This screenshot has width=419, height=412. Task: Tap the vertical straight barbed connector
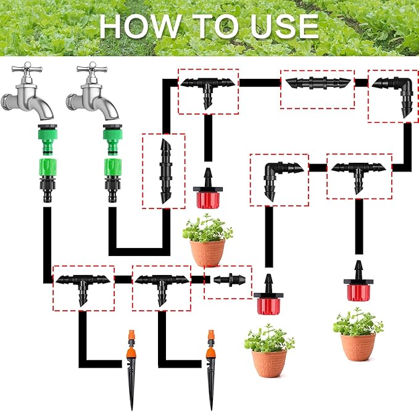pyautogui.click(x=164, y=171)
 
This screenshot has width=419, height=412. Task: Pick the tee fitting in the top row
pyautogui.click(x=208, y=88)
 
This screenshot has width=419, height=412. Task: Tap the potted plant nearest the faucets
pyautogui.click(x=207, y=241)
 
